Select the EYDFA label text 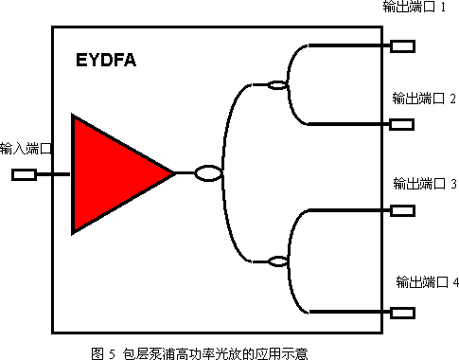pyautogui.click(x=106, y=63)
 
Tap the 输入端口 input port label pyautogui.click(x=26, y=149)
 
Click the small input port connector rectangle pyautogui.click(x=24, y=174)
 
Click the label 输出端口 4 pyautogui.click(x=428, y=282)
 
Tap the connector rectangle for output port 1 pyautogui.click(x=402, y=45)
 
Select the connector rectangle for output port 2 pyautogui.click(x=402, y=123)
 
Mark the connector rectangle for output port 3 pyautogui.click(x=402, y=211)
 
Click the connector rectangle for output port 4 pyautogui.click(x=402, y=313)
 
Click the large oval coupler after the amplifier pyautogui.click(x=207, y=173)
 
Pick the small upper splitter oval pyautogui.click(x=276, y=85)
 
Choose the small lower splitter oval pyautogui.click(x=276, y=261)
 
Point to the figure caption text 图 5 pyautogui.click(x=102, y=351)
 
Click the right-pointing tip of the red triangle pyautogui.click(x=173, y=173)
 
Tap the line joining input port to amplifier pyautogui.click(x=54, y=174)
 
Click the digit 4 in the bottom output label pyautogui.click(x=455, y=282)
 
